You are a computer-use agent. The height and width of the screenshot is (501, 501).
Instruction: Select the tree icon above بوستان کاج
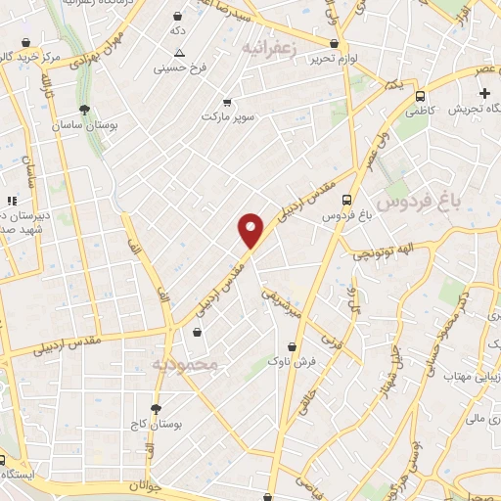click(155, 409)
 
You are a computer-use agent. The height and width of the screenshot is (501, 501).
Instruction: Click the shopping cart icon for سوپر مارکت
click(227, 101)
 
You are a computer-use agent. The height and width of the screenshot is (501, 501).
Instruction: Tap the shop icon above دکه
click(176, 16)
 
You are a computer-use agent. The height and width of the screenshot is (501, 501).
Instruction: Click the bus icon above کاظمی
click(420, 97)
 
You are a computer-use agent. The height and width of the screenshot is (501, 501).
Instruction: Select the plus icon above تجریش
click(484, 93)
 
